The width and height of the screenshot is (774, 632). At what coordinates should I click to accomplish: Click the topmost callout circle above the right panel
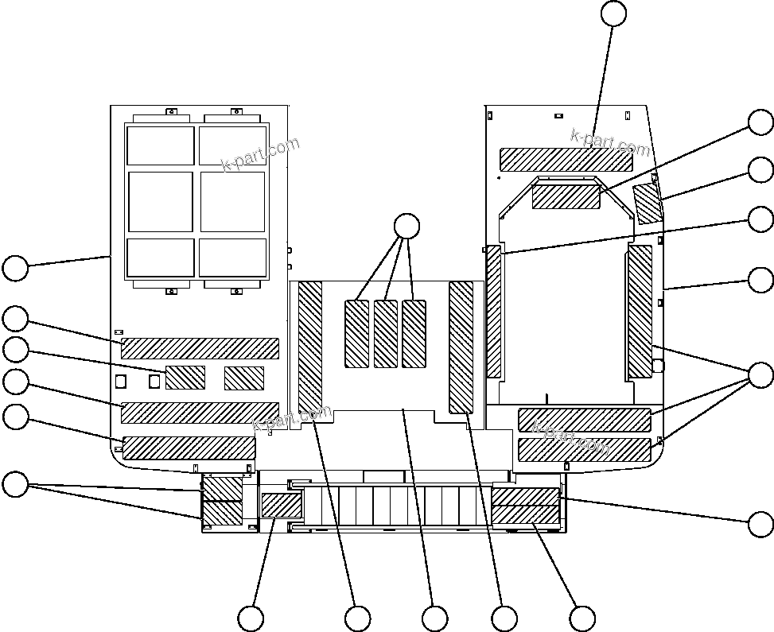tap(613, 14)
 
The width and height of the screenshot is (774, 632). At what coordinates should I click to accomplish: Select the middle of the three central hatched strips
tap(386, 334)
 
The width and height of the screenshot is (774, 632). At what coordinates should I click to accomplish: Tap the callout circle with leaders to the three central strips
tap(406, 227)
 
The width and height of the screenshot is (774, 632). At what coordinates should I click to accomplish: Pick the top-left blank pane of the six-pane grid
tap(160, 145)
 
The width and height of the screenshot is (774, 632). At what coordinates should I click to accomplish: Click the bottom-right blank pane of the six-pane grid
tap(231, 257)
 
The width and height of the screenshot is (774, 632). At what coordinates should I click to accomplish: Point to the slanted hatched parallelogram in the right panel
tap(648, 204)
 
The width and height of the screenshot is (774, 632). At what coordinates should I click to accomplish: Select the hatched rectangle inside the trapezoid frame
tap(566, 196)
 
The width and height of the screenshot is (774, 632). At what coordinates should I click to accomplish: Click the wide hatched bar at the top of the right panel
tap(566, 159)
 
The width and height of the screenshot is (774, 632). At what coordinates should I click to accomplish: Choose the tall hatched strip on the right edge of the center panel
tap(461, 347)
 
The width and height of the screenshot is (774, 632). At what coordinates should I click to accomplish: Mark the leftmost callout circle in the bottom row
tap(251, 618)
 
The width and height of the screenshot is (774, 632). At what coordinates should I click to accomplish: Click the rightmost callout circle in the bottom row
tap(582, 618)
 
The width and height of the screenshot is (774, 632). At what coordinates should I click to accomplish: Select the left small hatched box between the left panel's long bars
tap(185, 378)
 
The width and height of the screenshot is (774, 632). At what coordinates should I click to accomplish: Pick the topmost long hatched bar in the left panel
tap(200, 348)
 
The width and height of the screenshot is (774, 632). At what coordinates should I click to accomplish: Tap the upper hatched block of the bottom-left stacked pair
tap(222, 488)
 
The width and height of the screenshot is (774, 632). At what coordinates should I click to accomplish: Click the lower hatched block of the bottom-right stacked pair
tap(525, 515)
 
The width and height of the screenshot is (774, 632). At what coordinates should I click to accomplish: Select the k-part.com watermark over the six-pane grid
tap(261, 154)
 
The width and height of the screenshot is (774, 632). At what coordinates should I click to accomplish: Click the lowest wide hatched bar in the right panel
tap(585, 450)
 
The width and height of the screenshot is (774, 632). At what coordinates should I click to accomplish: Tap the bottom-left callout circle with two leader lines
tap(15, 484)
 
